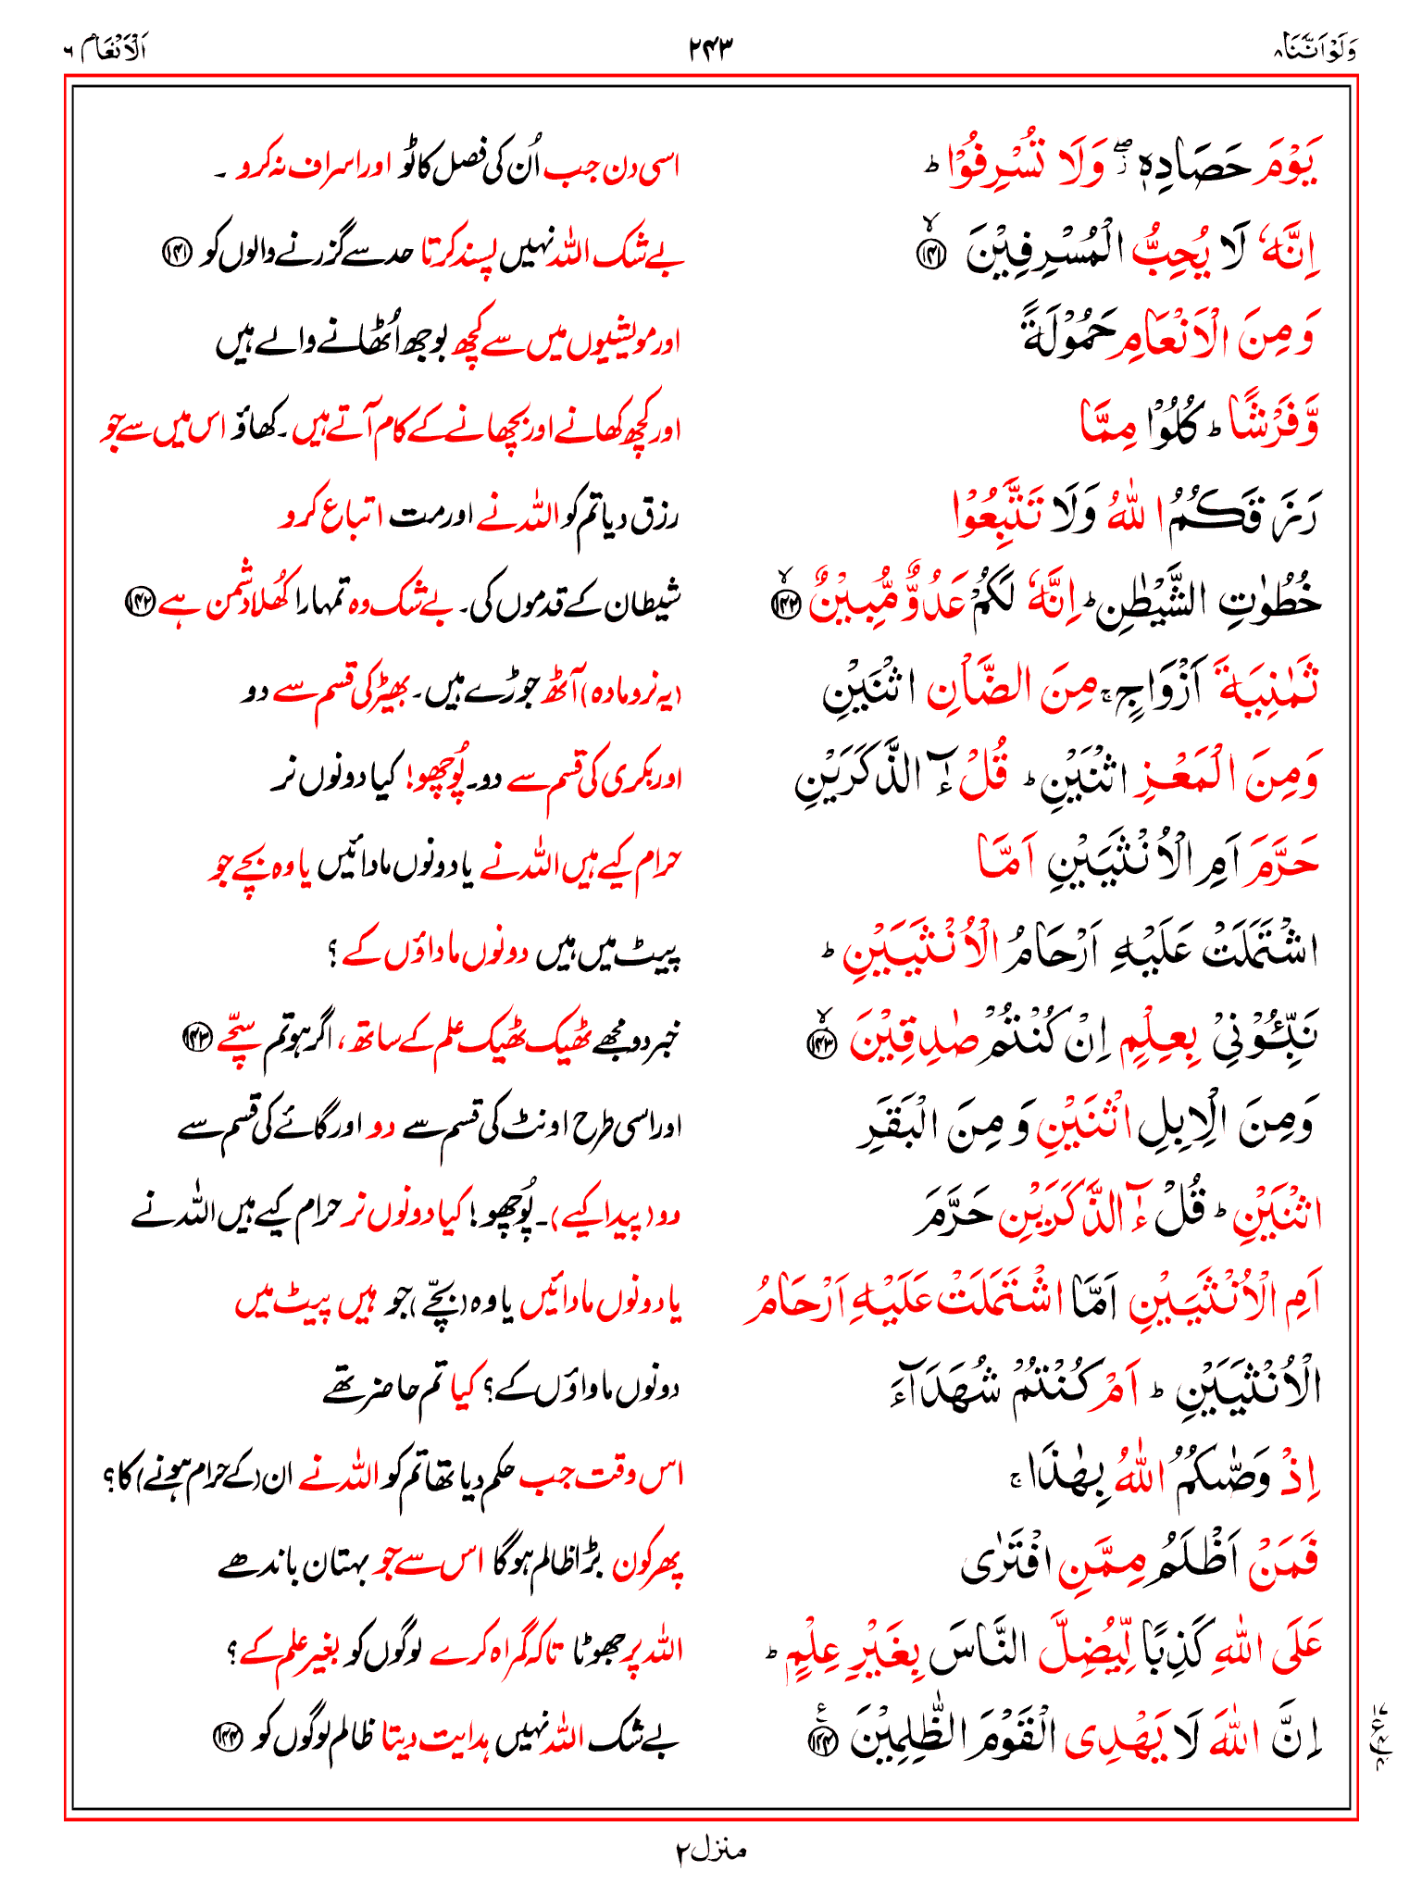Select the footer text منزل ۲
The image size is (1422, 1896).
710,1850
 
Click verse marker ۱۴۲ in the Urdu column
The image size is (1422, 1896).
141,603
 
